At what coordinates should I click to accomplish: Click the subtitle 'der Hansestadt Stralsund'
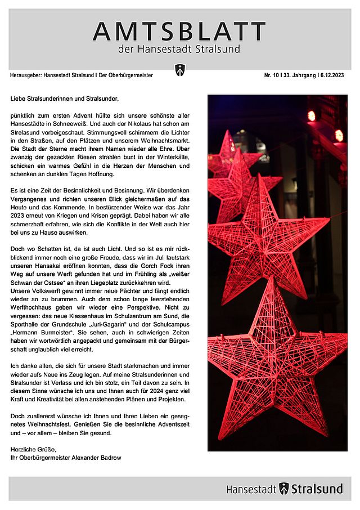(179, 49)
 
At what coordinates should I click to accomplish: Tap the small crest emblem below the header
(180, 70)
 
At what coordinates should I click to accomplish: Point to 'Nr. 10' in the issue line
(273, 75)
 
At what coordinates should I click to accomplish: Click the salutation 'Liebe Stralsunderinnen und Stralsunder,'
(65, 99)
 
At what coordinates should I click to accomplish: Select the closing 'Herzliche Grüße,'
(33, 449)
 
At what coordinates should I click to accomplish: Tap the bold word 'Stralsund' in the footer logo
(317, 489)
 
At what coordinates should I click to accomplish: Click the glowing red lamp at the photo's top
(312, 115)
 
